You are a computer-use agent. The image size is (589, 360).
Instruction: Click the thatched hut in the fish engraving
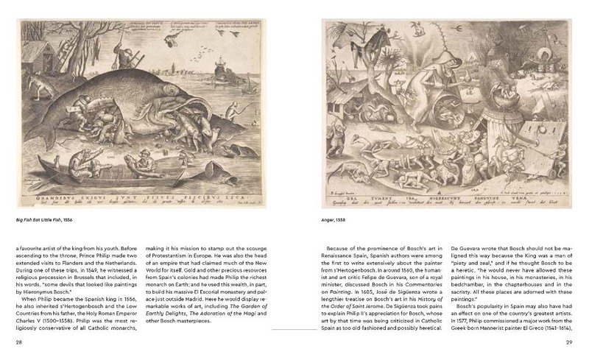tap(37, 46)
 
